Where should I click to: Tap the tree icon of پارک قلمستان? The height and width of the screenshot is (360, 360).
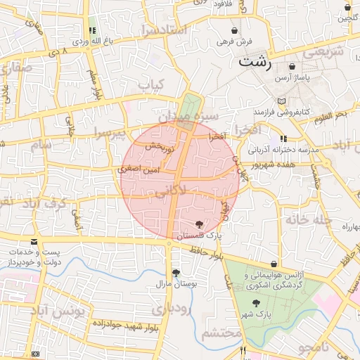tap(200, 224)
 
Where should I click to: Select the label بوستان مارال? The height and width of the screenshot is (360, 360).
tap(174, 284)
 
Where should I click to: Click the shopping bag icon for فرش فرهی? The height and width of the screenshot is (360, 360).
tap(233, 30)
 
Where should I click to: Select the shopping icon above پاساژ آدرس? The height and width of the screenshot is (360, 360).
tap(291, 66)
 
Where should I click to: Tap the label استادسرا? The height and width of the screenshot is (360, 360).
tap(162, 30)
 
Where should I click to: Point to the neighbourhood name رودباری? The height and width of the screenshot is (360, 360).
tap(170, 309)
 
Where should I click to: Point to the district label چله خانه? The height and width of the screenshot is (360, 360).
tap(307, 219)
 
